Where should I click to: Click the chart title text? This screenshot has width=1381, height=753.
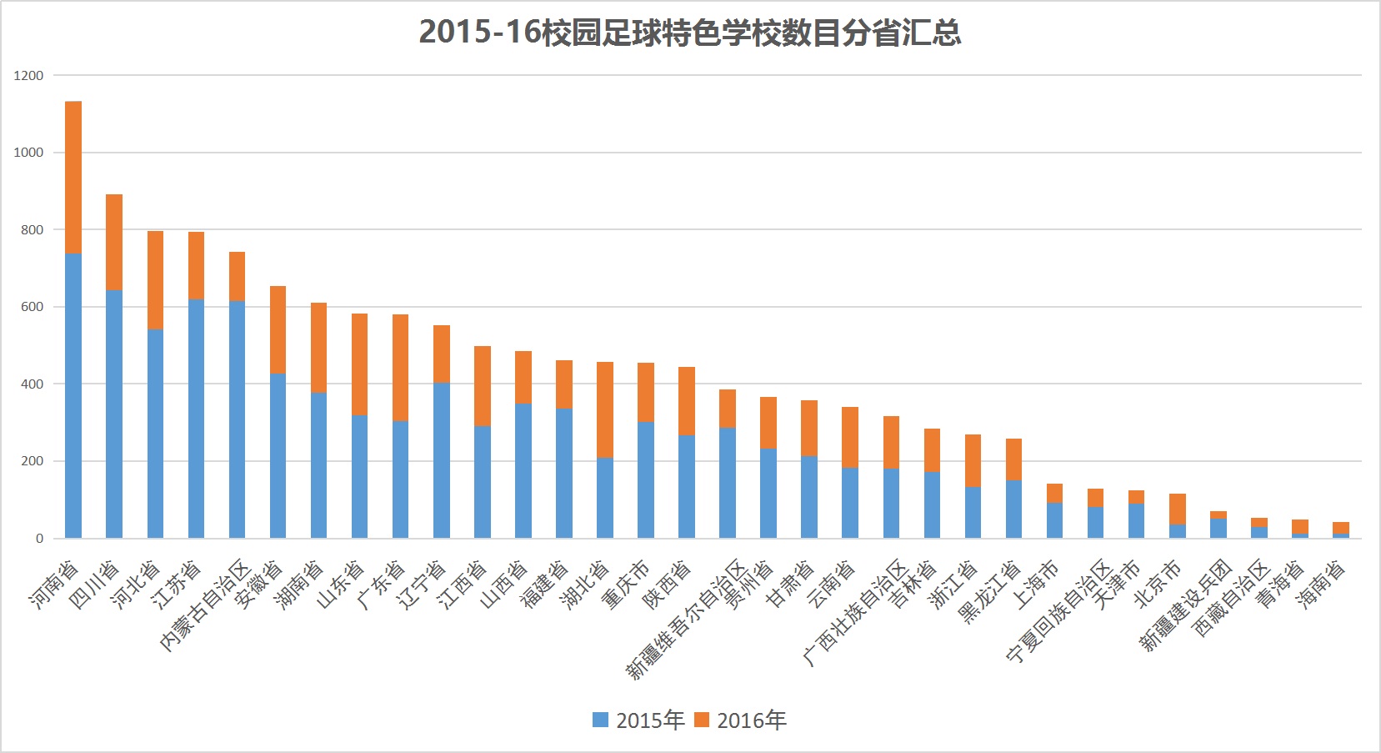pyautogui.click(x=689, y=33)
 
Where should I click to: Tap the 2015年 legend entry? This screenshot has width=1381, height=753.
pyautogui.click(x=639, y=720)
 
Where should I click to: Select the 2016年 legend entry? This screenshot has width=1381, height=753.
pyautogui.click(x=741, y=720)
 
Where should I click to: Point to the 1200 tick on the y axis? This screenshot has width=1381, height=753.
pyautogui.click(x=28, y=75)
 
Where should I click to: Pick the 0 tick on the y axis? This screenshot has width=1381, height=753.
pyautogui.click(x=39, y=539)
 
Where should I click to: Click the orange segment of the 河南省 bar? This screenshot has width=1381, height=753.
pyautogui.click(x=73, y=177)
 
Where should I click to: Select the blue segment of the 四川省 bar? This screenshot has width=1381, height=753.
pyautogui.click(x=114, y=414)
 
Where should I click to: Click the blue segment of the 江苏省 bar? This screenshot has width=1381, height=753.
pyautogui.click(x=196, y=419)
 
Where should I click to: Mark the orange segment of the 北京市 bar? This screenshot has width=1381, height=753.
pyautogui.click(x=1178, y=509)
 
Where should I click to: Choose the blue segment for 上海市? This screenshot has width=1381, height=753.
pyautogui.click(x=1054, y=520)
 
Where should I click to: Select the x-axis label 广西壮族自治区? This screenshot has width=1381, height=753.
pyautogui.click(x=855, y=612)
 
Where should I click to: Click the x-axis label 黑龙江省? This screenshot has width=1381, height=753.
pyautogui.click(x=989, y=593)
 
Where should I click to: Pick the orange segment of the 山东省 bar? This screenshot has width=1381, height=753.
pyautogui.click(x=359, y=364)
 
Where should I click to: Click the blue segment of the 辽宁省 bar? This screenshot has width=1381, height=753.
pyautogui.click(x=442, y=460)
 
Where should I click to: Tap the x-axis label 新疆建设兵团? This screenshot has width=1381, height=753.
pyautogui.click(x=1186, y=605)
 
